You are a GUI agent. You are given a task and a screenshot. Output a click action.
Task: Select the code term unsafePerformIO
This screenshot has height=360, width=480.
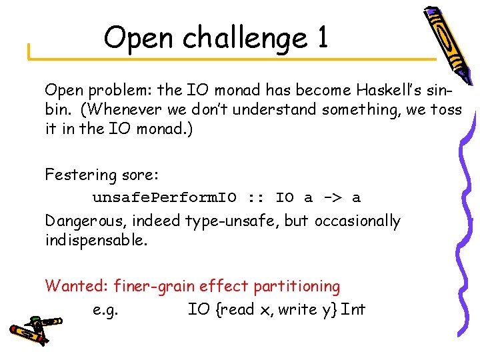point(164,198)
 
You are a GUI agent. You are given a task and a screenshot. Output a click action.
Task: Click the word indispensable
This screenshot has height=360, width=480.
point(96,240)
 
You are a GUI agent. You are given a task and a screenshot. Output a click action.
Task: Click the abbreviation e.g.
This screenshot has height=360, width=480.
point(103,309)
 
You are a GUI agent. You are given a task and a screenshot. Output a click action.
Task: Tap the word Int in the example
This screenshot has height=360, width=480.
point(353,309)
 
